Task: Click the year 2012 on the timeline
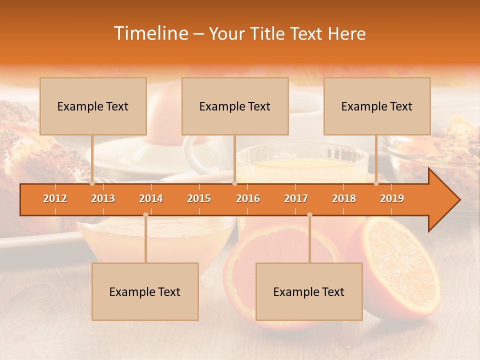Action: click(55, 198)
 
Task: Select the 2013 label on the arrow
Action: click(103, 198)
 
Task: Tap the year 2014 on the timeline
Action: click(151, 198)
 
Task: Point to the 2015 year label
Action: click(199, 198)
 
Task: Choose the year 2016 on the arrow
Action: click(248, 198)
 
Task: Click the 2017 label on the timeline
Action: click(296, 198)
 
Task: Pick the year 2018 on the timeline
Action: click(344, 198)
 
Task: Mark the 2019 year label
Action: click(392, 198)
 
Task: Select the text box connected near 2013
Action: click(93, 106)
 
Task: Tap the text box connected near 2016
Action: click(235, 106)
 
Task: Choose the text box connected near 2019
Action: click(377, 106)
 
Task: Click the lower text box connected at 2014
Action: click(145, 291)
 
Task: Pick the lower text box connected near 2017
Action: click(309, 291)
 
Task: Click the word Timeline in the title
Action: click(150, 33)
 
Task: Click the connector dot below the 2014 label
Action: click(145, 214)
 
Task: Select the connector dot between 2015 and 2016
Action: click(234, 183)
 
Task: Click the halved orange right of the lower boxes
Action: click(400, 265)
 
